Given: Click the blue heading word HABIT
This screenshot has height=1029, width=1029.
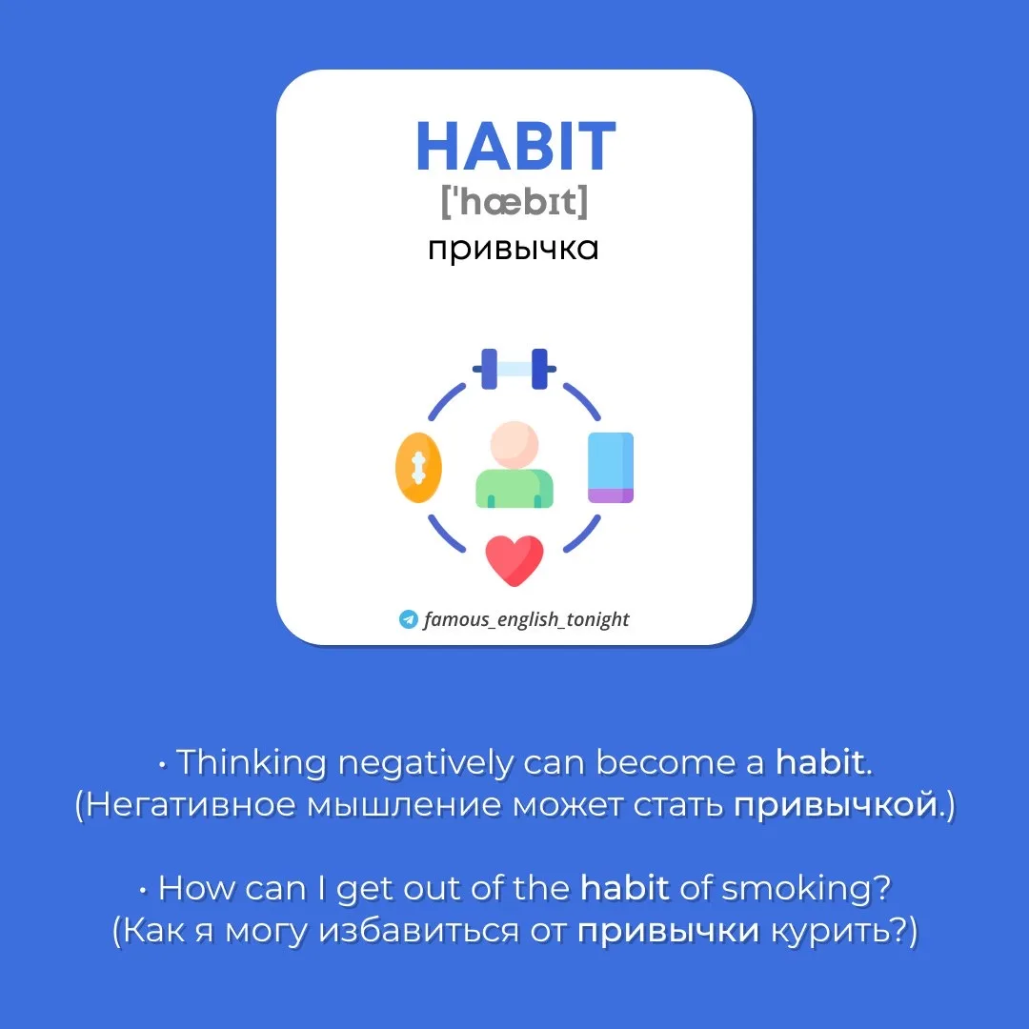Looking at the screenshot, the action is [x=515, y=146].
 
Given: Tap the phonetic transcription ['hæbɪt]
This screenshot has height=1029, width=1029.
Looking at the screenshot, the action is [x=514, y=201].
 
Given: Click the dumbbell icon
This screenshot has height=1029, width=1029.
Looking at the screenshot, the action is [x=514, y=369].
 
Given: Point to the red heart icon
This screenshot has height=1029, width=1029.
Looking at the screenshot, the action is [x=514, y=560].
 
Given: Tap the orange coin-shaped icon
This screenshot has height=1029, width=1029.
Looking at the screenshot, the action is [x=418, y=467].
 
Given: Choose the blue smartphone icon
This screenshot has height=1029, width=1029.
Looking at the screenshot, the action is [x=611, y=467].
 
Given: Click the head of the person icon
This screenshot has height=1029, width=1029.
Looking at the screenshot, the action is [x=514, y=445].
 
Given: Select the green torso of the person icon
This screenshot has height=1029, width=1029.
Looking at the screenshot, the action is [x=514, y=488].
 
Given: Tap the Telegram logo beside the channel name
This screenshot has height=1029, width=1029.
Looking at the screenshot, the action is [x=408, y=619].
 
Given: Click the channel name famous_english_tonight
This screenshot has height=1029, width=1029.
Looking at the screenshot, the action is [x=526, y=619].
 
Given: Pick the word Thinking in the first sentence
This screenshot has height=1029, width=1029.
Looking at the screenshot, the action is [x=252, y=763].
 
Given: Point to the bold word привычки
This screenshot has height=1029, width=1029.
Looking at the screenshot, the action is [x=668, y=931].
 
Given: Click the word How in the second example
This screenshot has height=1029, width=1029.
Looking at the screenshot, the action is [x=196, y=889].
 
